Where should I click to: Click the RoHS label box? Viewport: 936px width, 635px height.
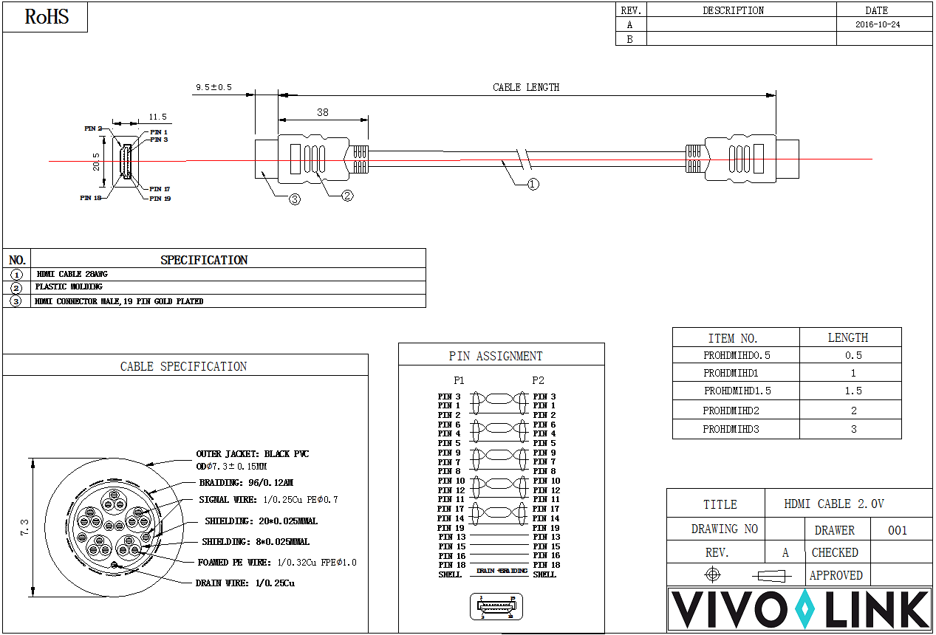[46, 17]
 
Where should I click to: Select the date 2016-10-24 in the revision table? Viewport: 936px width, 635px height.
[877, 24]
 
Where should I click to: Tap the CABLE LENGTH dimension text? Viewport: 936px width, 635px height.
[526, 87]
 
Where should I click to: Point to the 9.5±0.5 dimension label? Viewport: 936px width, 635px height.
[213, 87]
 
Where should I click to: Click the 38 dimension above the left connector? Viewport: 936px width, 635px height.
[323, 113]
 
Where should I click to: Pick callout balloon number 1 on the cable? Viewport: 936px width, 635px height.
[533, 184]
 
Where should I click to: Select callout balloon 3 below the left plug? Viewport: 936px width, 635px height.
[295, 199]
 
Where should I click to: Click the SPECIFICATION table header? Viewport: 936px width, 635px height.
[204, 260]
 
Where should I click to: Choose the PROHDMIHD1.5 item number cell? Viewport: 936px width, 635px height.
[737, 391]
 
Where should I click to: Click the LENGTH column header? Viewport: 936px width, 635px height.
[847, 337]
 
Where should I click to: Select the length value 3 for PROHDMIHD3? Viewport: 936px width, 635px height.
[854, 429]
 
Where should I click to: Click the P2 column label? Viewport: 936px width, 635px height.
[538, 380]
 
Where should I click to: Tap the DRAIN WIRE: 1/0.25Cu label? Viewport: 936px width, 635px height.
[245, 583]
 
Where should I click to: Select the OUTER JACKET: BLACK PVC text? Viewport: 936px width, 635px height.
[252, 454]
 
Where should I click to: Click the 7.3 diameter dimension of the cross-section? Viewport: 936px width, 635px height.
[24, 526]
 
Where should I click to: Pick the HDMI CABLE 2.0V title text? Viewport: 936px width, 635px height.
[834, 504]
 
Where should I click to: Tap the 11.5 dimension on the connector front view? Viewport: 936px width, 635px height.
[157, 117]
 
